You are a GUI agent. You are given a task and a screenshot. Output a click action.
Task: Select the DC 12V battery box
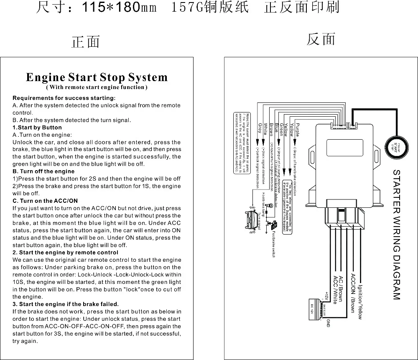coord(314,311)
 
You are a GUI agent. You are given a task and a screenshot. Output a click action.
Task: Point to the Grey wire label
coord(260,128)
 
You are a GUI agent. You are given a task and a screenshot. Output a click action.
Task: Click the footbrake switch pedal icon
coord(274,226)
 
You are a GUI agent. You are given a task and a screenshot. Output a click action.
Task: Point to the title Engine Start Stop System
coord(97,77)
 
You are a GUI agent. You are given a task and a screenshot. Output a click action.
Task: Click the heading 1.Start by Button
coord(37,128)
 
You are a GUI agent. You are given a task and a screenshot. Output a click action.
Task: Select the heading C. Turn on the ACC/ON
coord(45,201)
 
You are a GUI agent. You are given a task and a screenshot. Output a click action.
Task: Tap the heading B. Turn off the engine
coord(43,171)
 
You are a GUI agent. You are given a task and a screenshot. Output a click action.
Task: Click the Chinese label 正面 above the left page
coord(86,42)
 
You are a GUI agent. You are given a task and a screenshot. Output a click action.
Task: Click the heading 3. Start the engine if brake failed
coord(66,304)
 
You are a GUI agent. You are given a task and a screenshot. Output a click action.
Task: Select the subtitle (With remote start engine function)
coord(97,88)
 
